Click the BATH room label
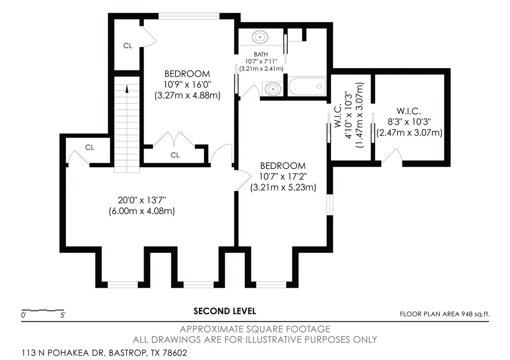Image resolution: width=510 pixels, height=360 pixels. tap(261, 54)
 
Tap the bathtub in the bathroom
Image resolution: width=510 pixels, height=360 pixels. tap(307, 87)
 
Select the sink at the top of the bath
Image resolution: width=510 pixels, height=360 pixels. tap(260, 37)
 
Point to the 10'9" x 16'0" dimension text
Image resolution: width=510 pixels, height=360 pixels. tap(187, 85)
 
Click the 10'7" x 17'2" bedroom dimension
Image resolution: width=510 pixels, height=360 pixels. tap(283, 177)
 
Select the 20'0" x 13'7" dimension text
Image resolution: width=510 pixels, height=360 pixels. tap(142, 200)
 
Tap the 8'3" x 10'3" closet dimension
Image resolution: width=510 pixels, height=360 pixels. tap(409, 122)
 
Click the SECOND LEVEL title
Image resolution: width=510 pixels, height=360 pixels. tap(225, 311)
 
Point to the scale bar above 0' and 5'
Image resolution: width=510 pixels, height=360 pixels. tap(43, 310)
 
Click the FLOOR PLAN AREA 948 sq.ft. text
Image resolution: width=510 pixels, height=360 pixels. tap(445, 314)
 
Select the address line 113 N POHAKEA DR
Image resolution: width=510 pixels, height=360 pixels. tap(104, 353)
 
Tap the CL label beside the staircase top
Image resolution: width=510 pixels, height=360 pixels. tap(127, 46)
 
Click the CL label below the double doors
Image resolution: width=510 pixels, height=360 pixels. tap(175, 155)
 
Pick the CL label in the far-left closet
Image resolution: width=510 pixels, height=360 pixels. tap(89, 147)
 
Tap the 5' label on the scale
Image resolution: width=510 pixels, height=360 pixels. tap(63, 315)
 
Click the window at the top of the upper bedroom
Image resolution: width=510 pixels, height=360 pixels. tap(189, 16)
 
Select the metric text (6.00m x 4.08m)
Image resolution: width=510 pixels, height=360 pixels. tap(142, 211)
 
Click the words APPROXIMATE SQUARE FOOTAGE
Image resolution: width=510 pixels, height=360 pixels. tap(255, 329)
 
